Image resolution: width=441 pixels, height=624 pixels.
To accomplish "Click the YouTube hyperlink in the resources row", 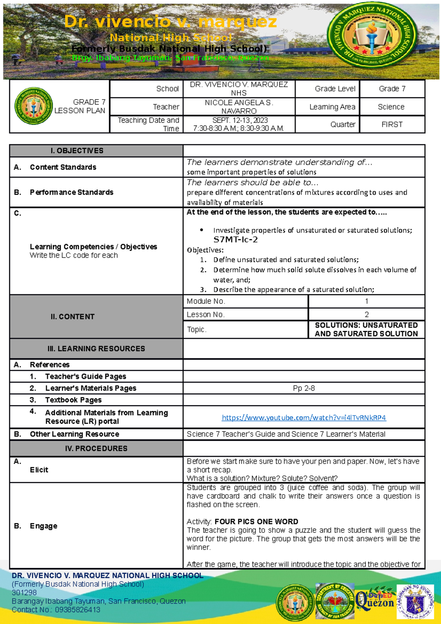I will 304,417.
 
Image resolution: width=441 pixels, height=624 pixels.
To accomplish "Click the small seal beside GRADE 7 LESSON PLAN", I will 33,106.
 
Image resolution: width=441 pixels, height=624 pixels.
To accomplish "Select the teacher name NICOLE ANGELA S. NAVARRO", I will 239,107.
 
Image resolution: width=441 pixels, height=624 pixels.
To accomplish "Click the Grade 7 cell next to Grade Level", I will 392,89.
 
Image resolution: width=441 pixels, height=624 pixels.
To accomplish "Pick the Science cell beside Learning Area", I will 391,107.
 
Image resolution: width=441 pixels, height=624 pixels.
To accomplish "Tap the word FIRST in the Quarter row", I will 392,124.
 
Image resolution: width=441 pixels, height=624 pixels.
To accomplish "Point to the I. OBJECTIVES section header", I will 77,151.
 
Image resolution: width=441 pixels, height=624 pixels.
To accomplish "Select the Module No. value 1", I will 366,301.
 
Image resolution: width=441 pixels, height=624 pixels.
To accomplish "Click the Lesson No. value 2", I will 366,315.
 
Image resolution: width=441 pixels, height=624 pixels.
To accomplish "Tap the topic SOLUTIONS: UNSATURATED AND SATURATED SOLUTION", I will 366,329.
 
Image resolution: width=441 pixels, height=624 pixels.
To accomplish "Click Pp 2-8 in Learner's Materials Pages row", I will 304,388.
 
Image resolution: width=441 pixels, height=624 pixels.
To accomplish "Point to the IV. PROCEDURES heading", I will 96,448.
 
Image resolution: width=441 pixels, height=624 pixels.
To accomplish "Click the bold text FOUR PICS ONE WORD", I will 256,521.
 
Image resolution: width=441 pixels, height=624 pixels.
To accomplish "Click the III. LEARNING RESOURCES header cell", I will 96,348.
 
